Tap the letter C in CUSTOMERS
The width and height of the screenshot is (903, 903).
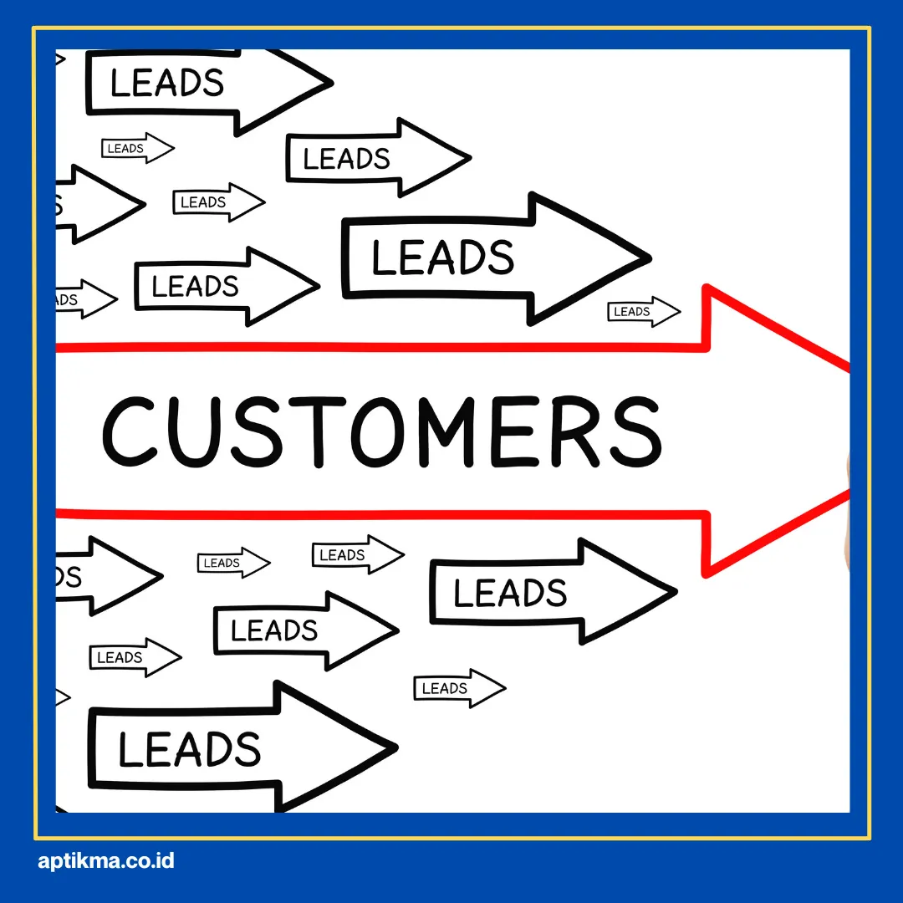coord(130,431)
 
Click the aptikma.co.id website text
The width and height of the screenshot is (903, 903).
coord(106,860)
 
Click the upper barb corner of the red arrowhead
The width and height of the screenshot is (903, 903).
coord(708,288)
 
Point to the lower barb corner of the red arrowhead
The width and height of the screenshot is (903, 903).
coord(708,574)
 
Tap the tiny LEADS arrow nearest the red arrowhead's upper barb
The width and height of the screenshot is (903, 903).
coord(643,312)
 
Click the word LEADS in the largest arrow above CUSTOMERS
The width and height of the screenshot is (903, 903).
coord(442,257)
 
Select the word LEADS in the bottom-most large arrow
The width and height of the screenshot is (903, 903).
coord(189,748)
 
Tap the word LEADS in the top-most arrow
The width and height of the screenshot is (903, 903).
coord(167,83)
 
